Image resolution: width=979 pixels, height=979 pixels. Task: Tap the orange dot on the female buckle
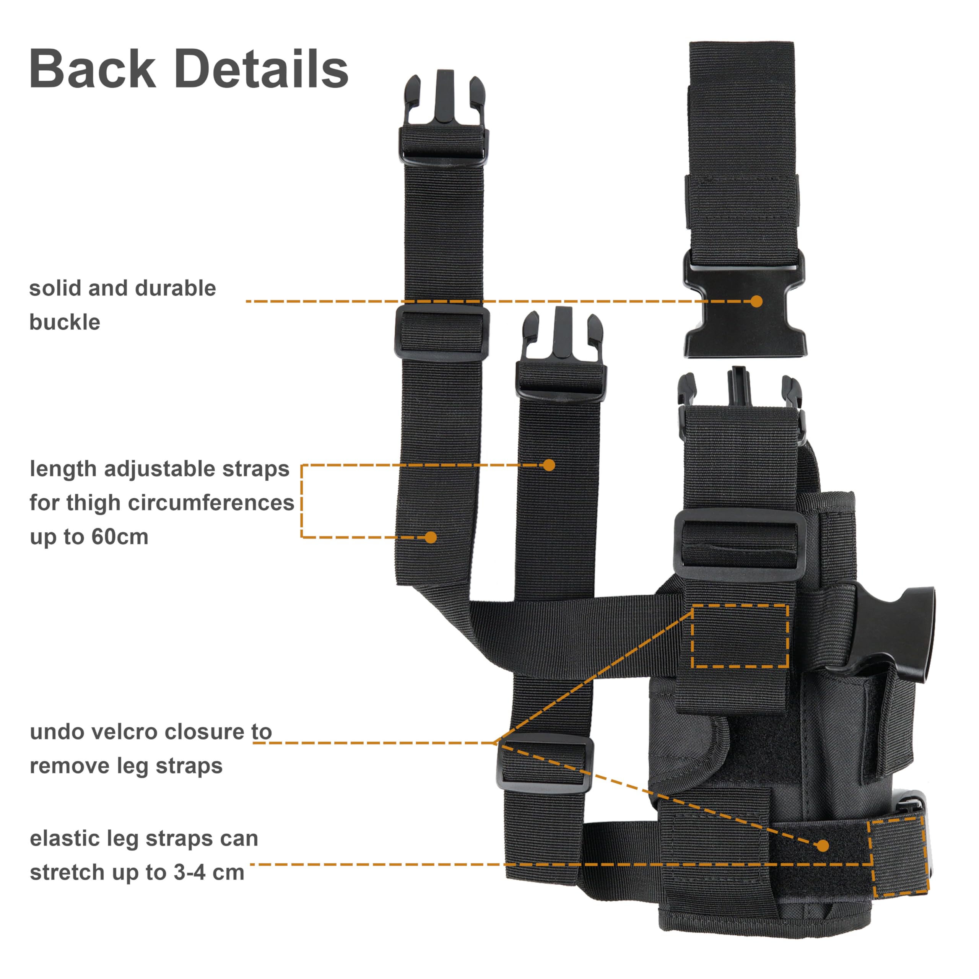pos(756,301)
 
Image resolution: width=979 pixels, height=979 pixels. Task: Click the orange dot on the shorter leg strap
pos(549,465)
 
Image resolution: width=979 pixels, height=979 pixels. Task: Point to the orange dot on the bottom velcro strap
pos(823,845)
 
